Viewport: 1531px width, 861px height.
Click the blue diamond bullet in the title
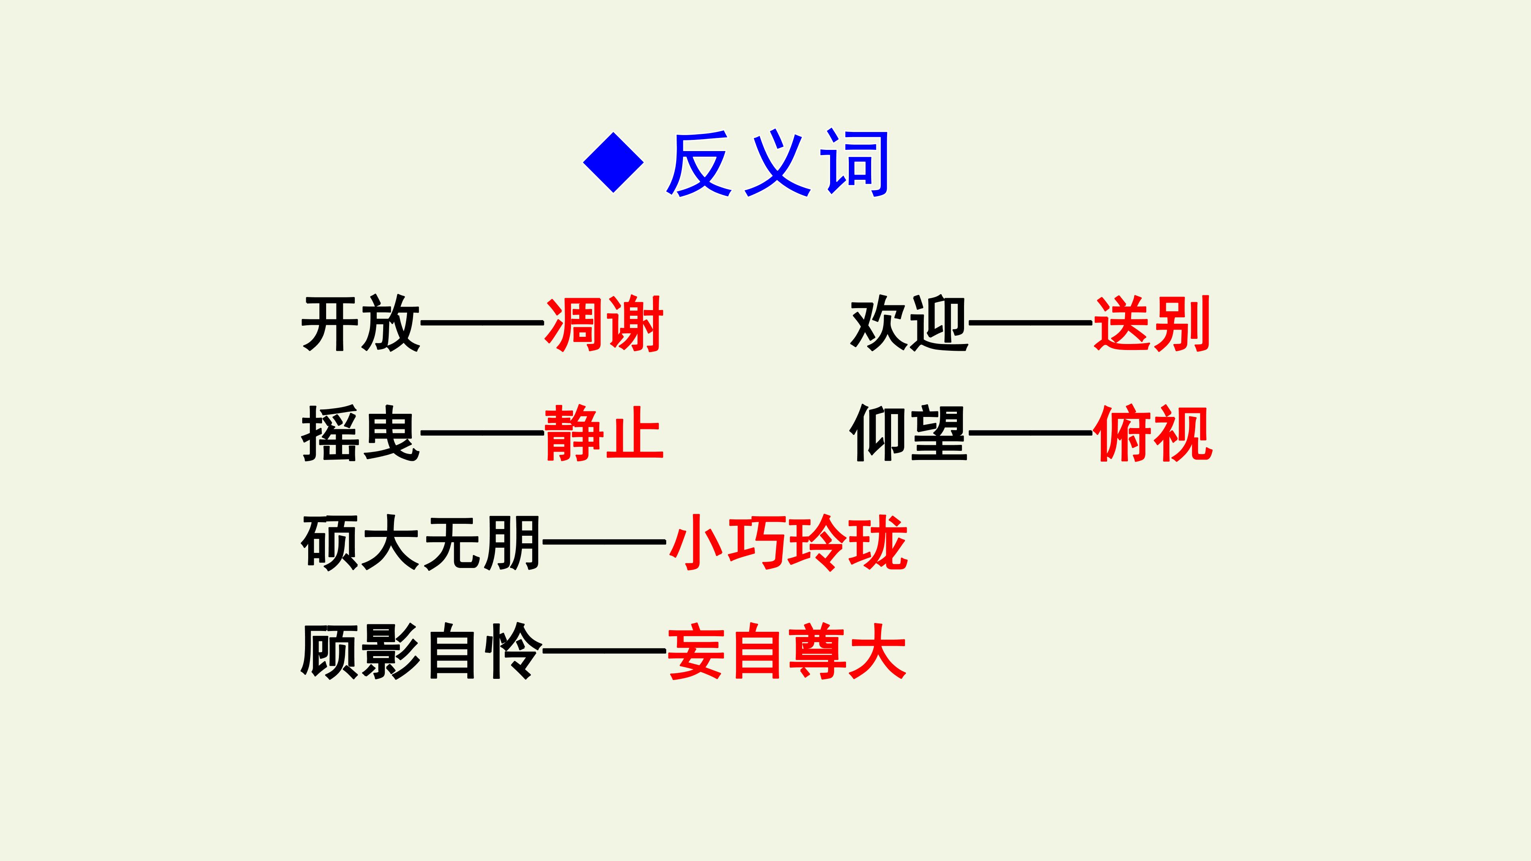pos(613,162)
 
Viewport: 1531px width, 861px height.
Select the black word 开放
pos(361,323)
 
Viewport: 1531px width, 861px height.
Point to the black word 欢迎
pos(909,323)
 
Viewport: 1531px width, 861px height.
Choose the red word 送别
pos(1152,324)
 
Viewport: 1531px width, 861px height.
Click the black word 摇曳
pos(361,433)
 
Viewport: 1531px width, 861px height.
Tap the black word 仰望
pos(909,433)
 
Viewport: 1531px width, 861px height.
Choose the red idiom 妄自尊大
pos(787,652)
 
